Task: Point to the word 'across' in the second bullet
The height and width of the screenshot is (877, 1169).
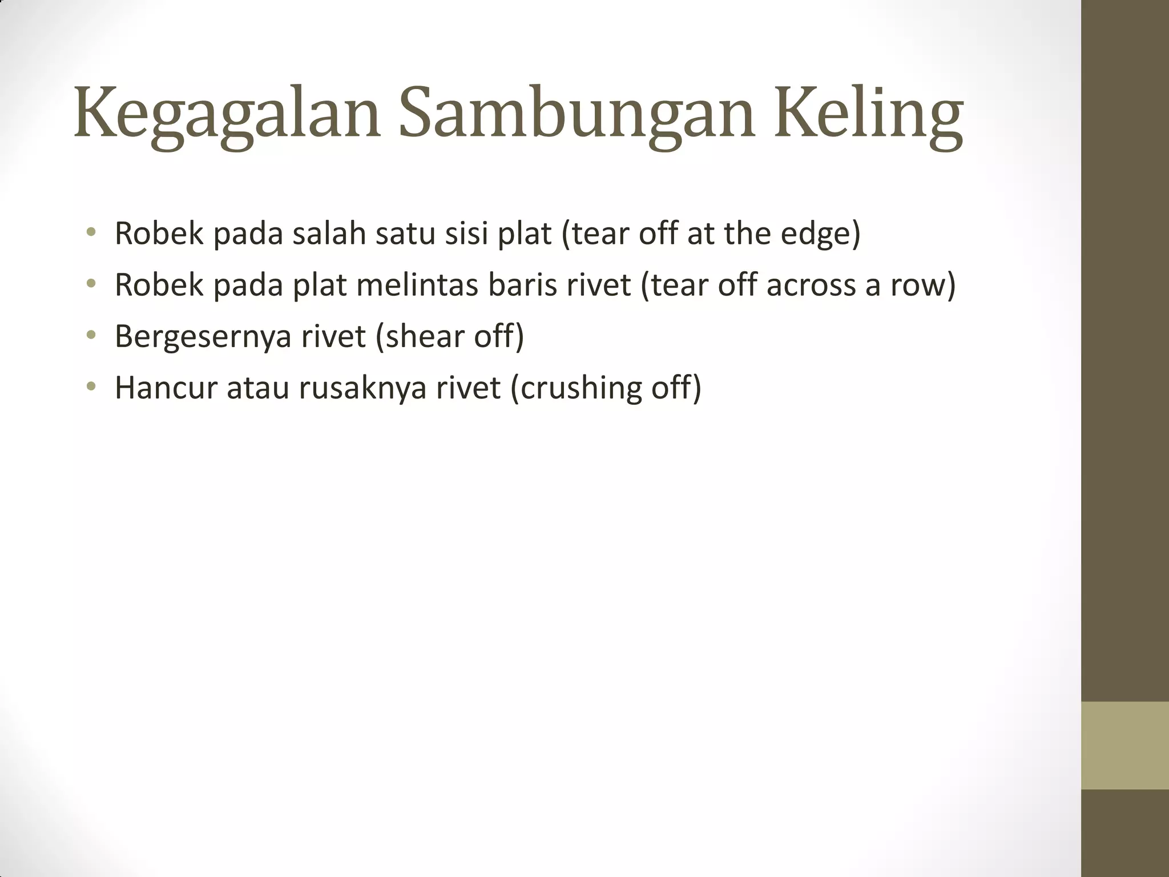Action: [811, 285]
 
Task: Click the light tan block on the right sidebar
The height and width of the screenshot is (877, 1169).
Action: [1125, 745]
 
